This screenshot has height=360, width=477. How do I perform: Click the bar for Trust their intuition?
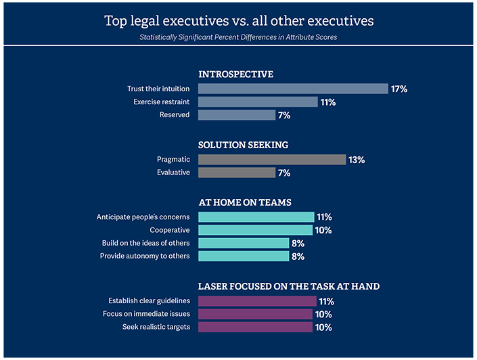(293, 89)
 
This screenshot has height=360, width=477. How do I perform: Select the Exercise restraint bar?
(258, 102)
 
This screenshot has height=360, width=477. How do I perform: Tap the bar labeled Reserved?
(236, 115)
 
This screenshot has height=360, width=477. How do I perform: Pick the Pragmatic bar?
(272, 160)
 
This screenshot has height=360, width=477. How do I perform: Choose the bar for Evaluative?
(236, 173)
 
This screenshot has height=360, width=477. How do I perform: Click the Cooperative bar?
(255, 230)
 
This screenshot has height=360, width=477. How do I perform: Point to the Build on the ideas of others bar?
(244, 243)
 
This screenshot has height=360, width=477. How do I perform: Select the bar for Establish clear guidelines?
(257, 301)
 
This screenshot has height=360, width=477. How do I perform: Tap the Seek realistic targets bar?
(255, 327)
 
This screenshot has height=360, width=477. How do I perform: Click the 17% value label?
(399, 89)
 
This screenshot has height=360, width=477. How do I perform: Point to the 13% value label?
(357, 160)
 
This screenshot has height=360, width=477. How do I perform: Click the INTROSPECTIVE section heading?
(235, 74)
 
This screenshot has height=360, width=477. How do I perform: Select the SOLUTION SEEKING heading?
(243, 145)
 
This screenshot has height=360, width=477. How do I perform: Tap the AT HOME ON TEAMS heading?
(245, 202)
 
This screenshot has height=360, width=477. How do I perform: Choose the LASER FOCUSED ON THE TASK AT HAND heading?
(288, 286)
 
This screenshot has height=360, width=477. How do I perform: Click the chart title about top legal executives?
(239, 20)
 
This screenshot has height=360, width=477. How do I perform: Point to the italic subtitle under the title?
(239, 37)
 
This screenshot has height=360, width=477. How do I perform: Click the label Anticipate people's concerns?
(143, 217)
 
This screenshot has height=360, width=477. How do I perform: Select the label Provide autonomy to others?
(145, 256)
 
